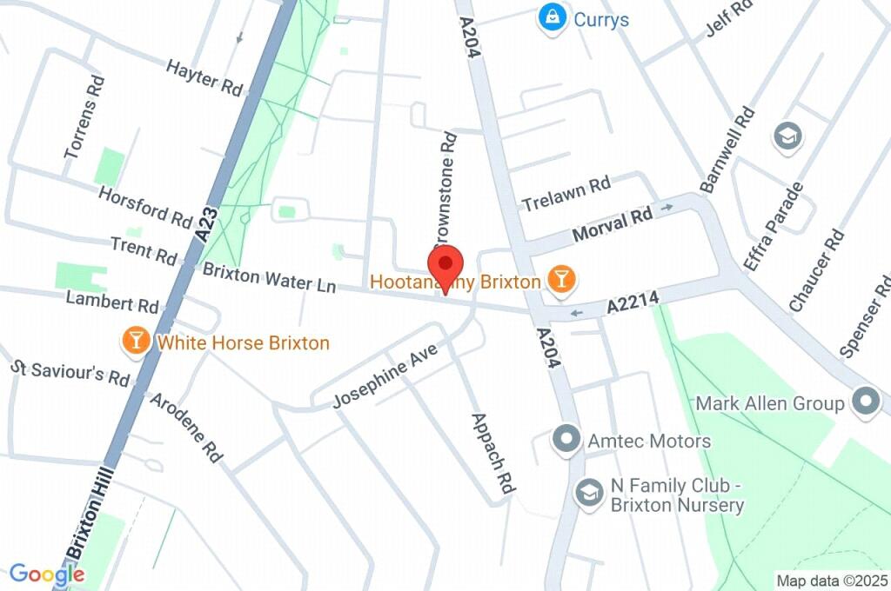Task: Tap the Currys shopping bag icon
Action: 551,17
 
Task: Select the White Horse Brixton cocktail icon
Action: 137,342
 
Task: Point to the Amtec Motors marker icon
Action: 566,440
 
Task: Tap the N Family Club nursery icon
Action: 589,494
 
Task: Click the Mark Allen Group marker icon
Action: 866,402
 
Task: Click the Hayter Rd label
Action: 204,78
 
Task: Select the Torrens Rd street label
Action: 85,117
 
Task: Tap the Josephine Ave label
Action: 385,375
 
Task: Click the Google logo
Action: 47,574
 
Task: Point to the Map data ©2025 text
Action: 832,581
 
